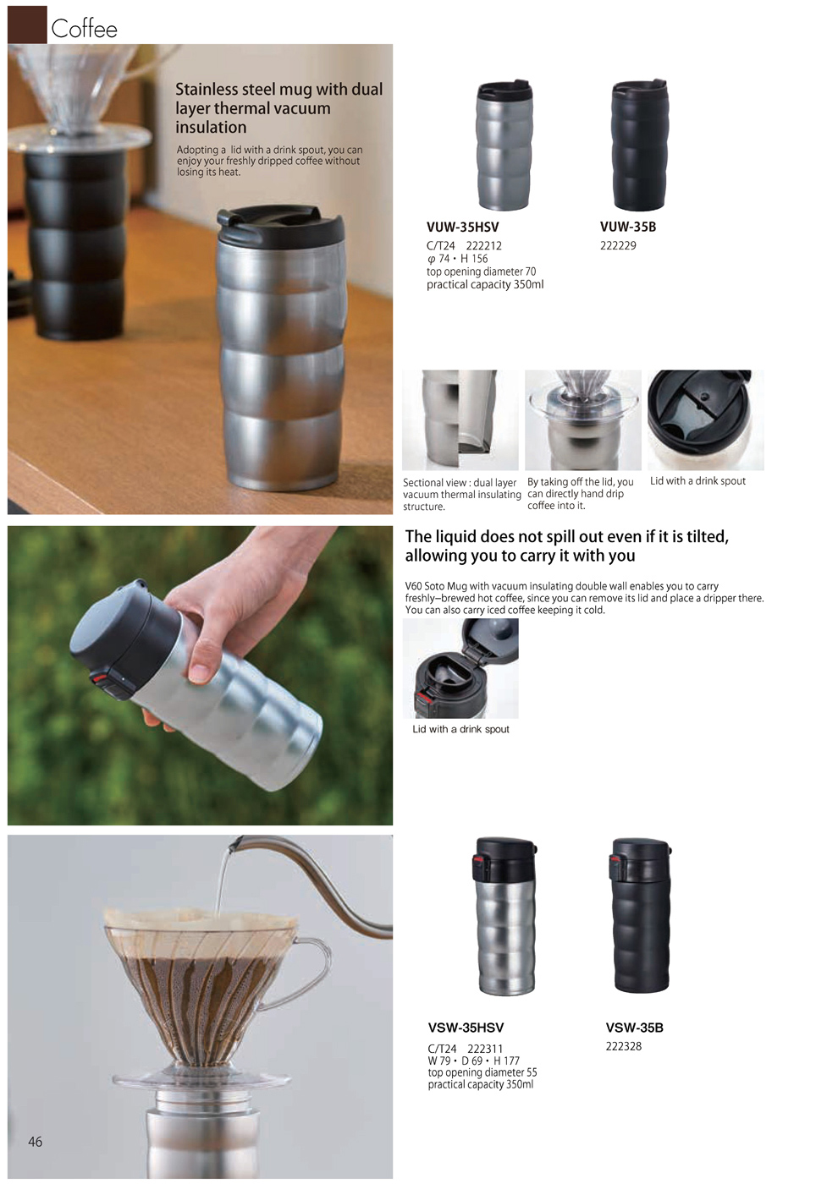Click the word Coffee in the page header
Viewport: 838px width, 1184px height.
click(84, 29)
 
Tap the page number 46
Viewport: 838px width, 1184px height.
click(35, 1142)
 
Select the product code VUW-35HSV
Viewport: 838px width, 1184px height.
click(462, 227)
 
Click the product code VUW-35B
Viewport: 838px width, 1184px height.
click(627, 227)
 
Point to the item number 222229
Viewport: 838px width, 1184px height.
click(618, 246)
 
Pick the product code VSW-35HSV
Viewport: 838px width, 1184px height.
click(466, 1028)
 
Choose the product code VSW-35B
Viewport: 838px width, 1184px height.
click(634, 1028)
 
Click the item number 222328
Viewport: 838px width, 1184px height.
click(623, 1046)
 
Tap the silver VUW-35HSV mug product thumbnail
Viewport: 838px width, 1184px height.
click(504, 145)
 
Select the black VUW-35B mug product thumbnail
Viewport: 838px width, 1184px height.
click(639, 145)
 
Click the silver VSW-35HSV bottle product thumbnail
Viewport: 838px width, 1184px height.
click(505, 916)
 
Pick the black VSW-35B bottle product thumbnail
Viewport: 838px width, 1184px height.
click(640, 916)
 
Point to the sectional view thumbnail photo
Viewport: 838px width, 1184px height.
click(460, 419)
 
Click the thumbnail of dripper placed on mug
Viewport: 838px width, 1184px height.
click(582, 419)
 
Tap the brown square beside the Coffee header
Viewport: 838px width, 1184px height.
click(27, 25)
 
